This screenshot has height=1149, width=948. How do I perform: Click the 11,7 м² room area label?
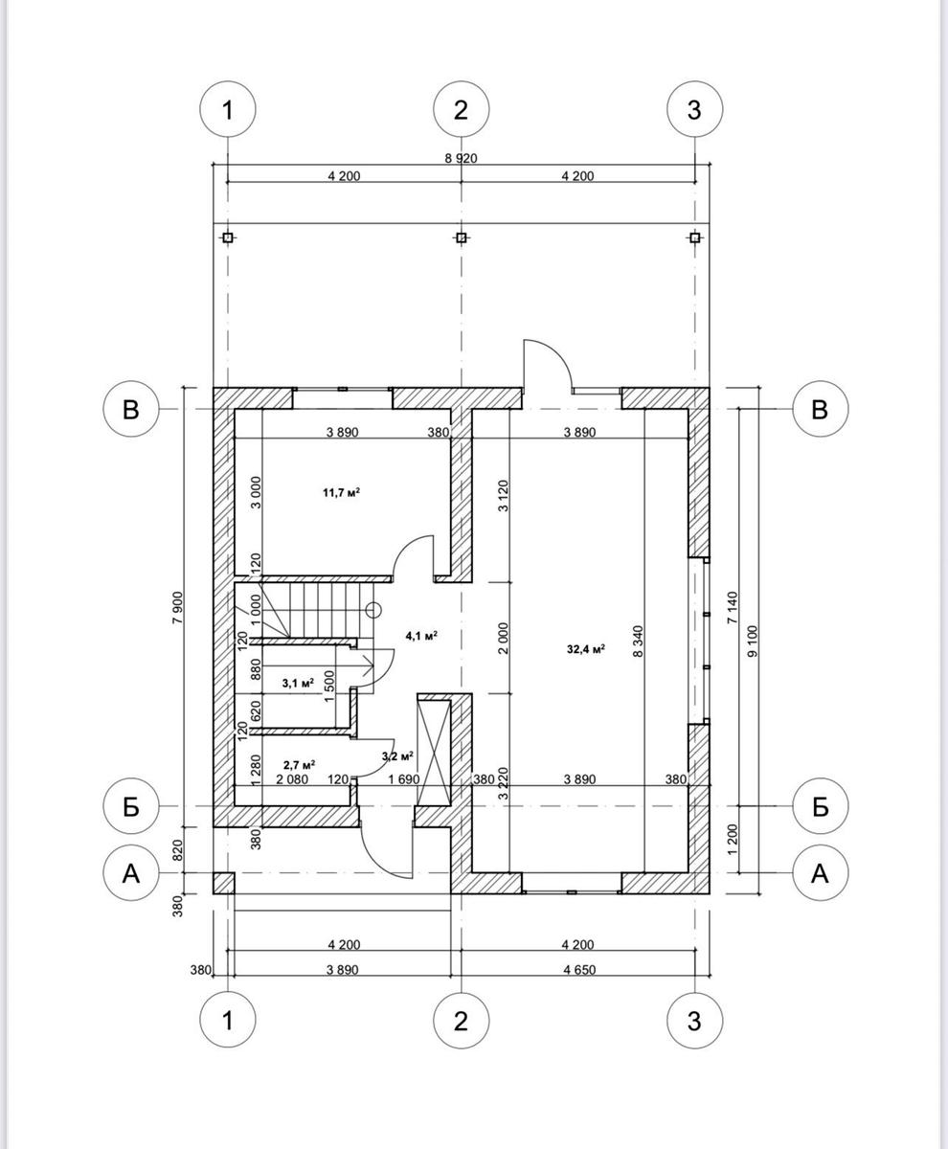click(x=341, y=492)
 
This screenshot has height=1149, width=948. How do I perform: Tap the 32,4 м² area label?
click(x=586, y=649)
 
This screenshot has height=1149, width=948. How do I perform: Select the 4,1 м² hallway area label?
click(x=421, y=636)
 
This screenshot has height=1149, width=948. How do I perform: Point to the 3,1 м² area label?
click(x=298, y=683)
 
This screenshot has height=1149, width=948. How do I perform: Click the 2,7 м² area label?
click(x=299, y=764)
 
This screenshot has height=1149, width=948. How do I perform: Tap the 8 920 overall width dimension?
click(x=461, y=159)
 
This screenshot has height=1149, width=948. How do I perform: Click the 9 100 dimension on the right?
click(x=753, y=642)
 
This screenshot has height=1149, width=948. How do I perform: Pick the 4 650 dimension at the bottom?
click(x=579, y=970)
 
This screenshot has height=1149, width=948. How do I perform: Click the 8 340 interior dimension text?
click(x=638, y=642)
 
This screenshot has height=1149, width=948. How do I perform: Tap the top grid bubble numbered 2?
click(x=462, y=109)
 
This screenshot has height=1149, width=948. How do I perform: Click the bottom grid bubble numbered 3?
click(x=695, y=1021)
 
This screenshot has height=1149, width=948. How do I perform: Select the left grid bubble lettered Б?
click(x=131, y=805)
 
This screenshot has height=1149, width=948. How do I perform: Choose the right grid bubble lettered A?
click(x=821, y=872)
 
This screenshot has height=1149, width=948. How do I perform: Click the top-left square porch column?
click(x=228, y=237)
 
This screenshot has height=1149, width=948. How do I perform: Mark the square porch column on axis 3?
click(x=695, y=237)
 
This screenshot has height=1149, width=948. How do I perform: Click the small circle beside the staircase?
click(x=373, y=610)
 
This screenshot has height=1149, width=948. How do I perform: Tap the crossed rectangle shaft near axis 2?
click(x=434, y=754)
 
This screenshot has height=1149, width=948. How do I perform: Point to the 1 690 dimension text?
click(x=403, y=779)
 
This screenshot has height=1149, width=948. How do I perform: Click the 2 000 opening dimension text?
click(x=503, y=639)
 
